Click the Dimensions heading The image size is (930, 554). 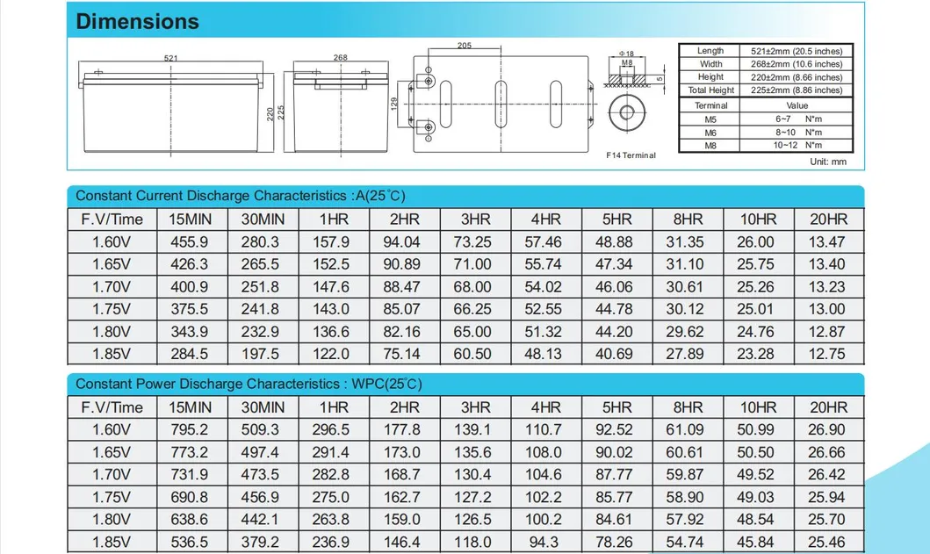(137, 21)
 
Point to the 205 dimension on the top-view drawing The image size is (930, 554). (465, 46)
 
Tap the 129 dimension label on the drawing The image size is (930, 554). (393, 104)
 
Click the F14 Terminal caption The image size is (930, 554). (631, 155)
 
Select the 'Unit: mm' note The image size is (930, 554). (828, 162)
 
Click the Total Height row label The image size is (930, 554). (710, 90)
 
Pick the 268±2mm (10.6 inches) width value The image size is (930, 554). (797, 64)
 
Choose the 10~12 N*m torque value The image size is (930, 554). (797, 146)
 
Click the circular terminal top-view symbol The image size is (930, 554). (627, 112)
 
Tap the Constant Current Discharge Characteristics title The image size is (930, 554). (241, 196)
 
